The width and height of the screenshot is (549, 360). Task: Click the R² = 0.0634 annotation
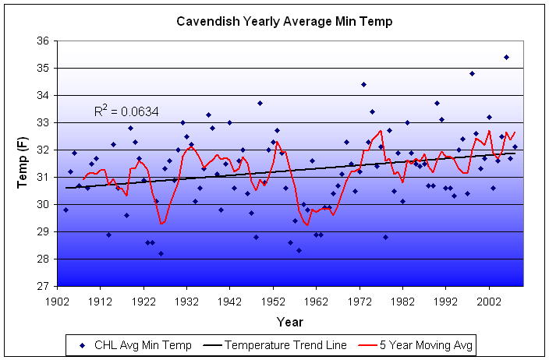[x=126, y=112]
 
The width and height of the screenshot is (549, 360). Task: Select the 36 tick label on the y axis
[x=43, y=41]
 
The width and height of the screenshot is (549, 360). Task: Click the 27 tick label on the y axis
[x=43, y=287]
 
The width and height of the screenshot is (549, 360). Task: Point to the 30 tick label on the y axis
[x=43, y=205]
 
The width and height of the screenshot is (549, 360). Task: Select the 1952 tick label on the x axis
[x=273, y=299]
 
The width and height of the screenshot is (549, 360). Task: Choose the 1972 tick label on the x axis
[x=360, y=299]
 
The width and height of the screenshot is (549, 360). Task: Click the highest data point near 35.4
[x=506, y=57]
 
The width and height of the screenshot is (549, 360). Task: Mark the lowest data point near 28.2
[x=161, y=253]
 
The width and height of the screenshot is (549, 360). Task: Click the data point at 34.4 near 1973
[x=363, y=84]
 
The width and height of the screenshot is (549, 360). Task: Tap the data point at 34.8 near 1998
[x=472, y=73]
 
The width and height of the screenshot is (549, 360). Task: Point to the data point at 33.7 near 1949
[x=260, y=103]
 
